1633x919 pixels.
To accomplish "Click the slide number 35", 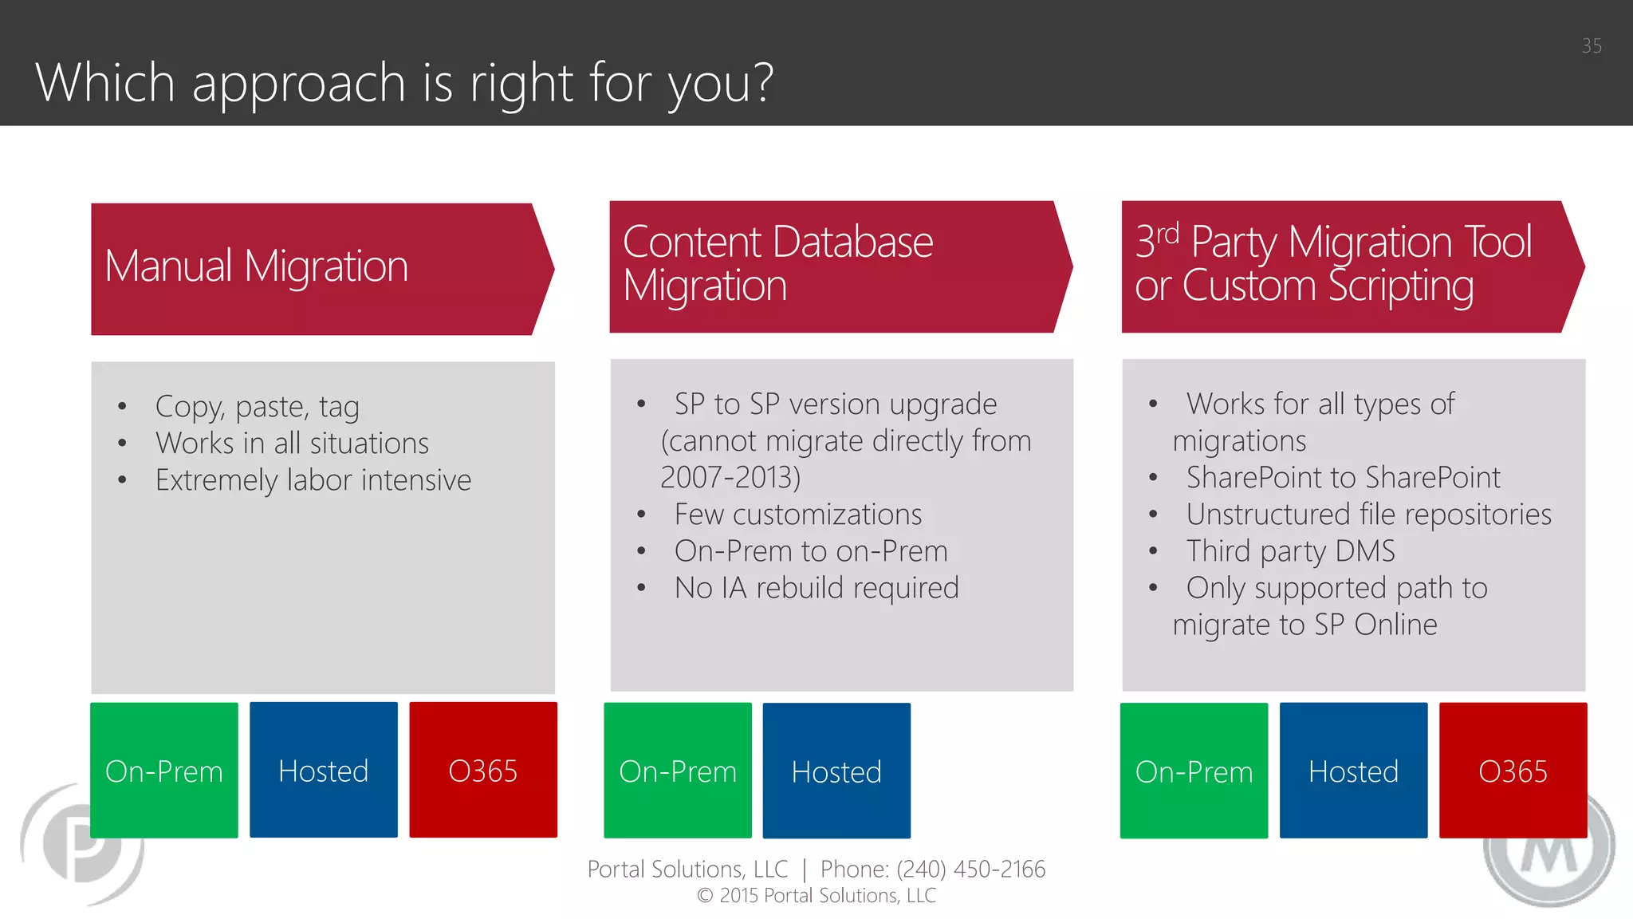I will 1591,46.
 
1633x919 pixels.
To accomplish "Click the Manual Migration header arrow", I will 319,269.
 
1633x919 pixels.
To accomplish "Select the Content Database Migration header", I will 837,266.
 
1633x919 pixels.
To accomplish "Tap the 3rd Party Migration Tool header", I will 1348,266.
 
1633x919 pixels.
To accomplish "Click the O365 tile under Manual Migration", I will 483,771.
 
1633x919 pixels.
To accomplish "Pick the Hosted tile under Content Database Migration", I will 836,771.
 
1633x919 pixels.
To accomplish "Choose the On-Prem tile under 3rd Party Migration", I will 1194,771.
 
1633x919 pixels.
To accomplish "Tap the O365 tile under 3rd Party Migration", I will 1513,771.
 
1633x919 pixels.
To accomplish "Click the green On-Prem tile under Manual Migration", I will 164,771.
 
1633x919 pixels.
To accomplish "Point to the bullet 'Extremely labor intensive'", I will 313,480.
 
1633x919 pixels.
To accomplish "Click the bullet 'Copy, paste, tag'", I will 258,407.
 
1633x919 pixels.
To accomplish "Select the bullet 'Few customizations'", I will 797,515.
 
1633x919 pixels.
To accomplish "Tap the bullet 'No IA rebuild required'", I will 816,588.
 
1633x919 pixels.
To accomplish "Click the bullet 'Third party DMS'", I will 1290,551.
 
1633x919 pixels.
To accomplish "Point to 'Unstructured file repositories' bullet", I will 1368,515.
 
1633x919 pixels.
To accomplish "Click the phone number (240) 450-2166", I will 970,869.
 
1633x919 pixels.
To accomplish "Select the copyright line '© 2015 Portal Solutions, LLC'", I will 816,896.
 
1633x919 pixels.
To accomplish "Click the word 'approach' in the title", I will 299,83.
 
